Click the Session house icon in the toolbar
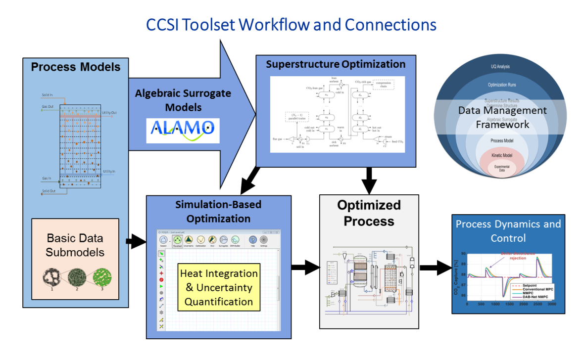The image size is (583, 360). (163, 240)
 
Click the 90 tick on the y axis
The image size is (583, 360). (463, 254)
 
